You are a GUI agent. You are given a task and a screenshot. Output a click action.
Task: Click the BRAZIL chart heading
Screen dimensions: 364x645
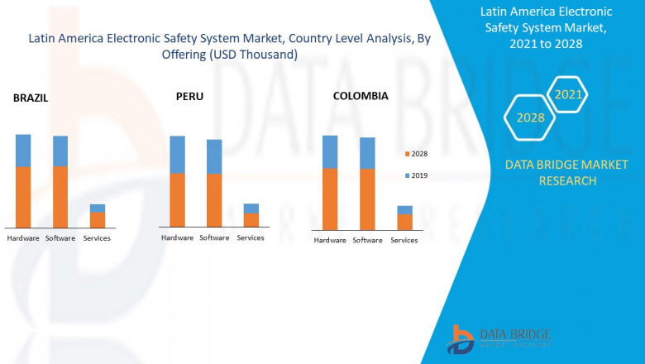[31, 98]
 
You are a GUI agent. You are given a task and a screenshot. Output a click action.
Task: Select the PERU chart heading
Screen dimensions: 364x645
[189, 96]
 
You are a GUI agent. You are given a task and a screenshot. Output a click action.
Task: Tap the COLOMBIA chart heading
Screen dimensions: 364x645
[361, 96]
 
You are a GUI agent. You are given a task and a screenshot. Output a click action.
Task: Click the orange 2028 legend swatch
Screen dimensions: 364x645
[406, 154]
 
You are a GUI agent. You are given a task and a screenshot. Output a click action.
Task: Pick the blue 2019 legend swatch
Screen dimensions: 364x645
[406, 175]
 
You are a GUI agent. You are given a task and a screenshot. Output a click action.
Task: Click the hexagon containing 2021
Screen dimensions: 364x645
[568, 94]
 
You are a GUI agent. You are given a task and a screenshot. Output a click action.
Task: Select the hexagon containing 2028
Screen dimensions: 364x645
[530, 117]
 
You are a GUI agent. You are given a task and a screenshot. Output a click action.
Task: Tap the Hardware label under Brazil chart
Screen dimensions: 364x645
[23, 238]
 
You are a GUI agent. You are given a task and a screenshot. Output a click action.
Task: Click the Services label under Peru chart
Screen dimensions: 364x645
[251, 237]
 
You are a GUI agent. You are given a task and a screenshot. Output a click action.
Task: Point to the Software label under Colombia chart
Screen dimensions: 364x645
[367, 240]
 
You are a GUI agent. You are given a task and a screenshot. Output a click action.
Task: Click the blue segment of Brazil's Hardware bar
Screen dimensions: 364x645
[23, 151]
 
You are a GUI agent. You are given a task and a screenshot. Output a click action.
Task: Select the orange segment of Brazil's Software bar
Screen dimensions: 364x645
[60, 197]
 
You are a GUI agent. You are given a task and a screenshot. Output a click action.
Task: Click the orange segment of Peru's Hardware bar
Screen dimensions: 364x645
[177, 199]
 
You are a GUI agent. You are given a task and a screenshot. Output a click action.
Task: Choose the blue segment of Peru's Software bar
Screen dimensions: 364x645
[214, 156]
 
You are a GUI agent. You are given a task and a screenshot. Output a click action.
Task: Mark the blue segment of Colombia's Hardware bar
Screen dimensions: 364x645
[330, 152]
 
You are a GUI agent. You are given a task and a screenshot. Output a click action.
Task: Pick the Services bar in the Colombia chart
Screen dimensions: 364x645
[404, 218]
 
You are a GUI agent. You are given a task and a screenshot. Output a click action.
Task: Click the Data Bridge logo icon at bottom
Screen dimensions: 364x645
[460, 339]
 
